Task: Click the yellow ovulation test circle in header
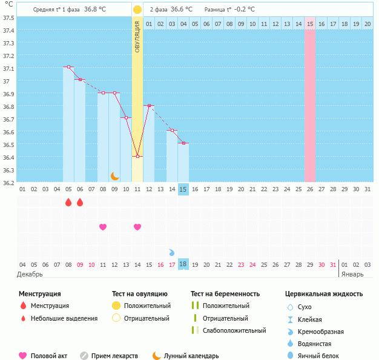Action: click(137, 10)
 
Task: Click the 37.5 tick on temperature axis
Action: click(9, 18)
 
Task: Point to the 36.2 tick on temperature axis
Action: click(9, 182)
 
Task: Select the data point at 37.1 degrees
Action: click(68, 67)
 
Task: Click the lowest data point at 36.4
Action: click(137, 157)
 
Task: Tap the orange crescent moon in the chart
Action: click(115, 176)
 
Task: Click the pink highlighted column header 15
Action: click(310, 24)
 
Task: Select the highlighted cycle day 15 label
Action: click(183, 189)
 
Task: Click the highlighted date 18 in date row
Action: click(183, 264)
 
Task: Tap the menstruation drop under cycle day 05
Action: click(68, 202)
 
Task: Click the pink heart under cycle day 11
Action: click(103, 227)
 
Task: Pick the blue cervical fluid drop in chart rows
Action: click(172, 252)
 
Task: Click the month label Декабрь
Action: click(30, 274)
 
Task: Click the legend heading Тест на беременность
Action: click(225, 294)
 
